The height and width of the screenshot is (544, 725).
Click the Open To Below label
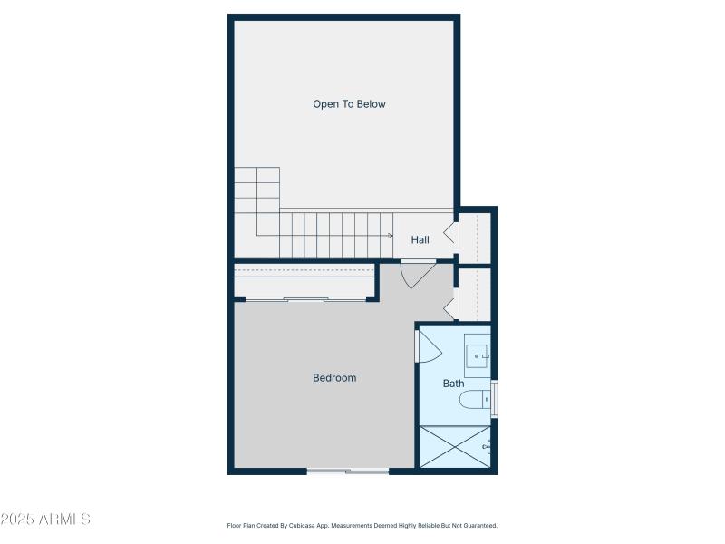[349, 104]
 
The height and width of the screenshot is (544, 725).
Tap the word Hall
[420, 240]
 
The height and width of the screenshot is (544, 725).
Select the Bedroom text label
[334, 378]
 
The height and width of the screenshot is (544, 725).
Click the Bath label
[453, 384]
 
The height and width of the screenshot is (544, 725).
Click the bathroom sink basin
[477, 355]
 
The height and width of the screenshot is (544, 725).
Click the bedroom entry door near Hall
[416, 273]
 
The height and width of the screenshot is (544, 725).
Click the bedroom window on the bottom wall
[348, 471]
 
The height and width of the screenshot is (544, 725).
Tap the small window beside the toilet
[494, 399]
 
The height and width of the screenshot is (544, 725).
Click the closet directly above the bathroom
[473, 294]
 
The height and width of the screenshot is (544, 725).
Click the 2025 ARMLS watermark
[45, 520]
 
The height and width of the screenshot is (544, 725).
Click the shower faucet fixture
[488, 445]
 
